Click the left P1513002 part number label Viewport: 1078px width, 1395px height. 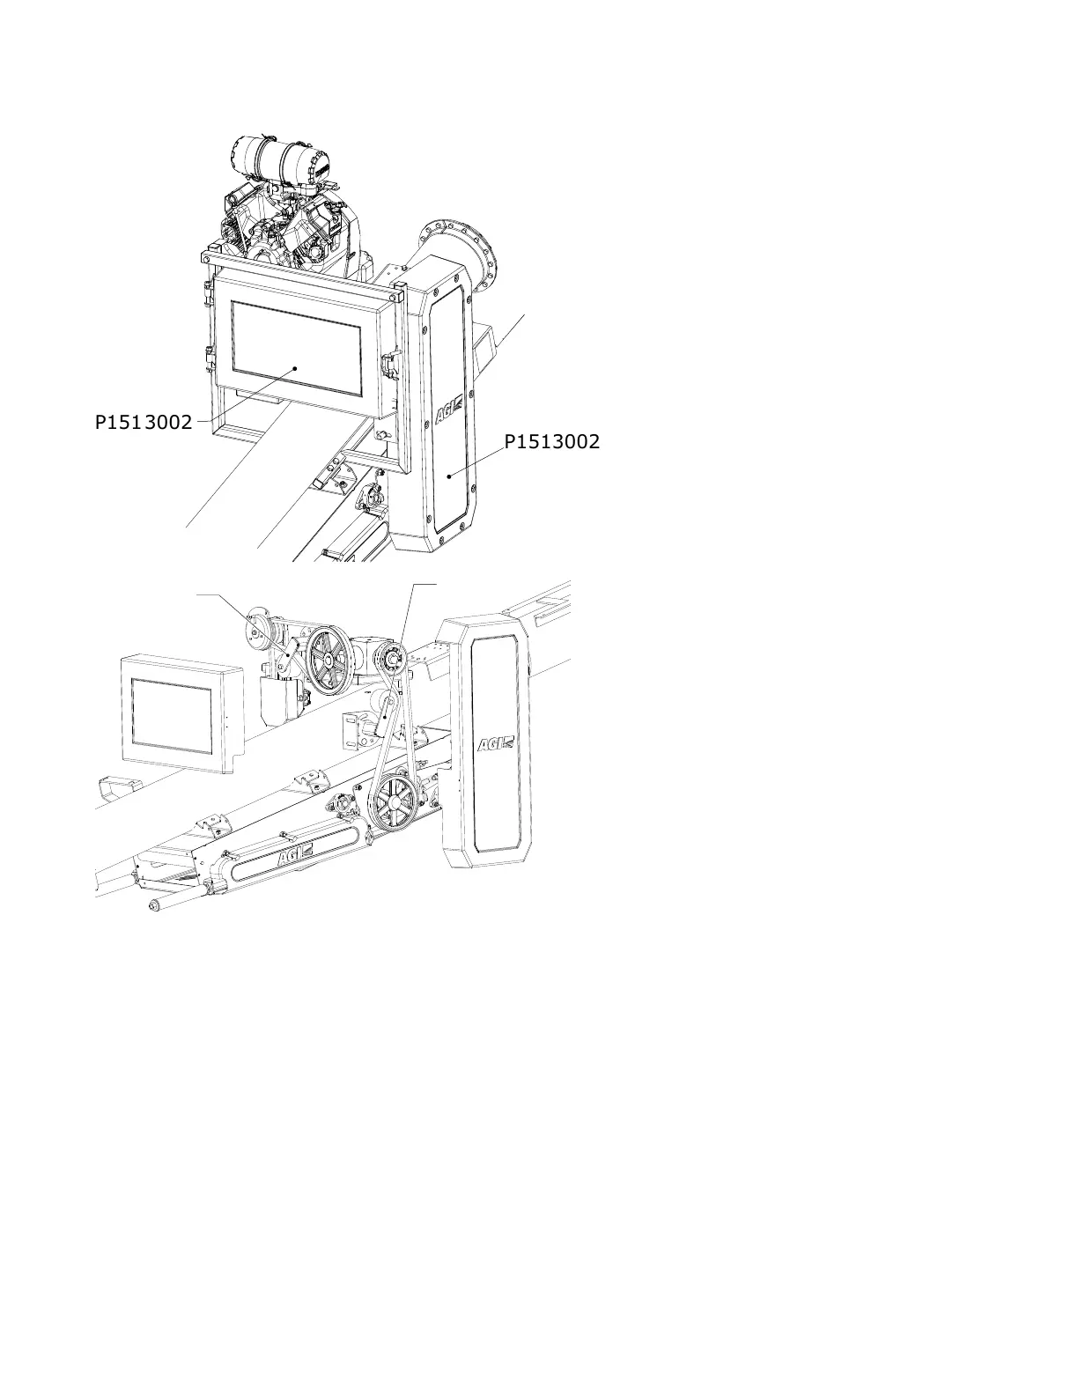click(144, 422)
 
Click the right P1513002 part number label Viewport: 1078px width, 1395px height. click(551, 441)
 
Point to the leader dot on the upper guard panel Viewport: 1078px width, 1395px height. click(450, 476)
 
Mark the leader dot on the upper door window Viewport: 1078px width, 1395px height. click(295, 369)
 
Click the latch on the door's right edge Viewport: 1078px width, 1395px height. click(389, 361)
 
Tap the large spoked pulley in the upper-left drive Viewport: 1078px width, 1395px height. click(330, 661)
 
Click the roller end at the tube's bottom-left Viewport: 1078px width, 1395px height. click(157, 905)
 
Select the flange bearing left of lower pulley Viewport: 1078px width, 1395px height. click(343, 805)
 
